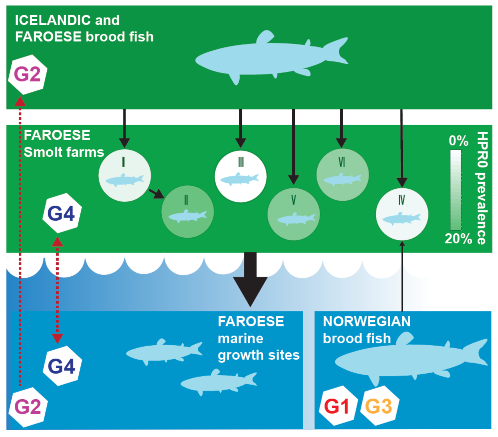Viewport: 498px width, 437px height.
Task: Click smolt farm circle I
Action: (124, 176)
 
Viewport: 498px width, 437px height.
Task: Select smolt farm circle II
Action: (188, 212)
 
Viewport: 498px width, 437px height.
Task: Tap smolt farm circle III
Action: (241, 176)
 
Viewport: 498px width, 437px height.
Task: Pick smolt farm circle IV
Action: (402, 214)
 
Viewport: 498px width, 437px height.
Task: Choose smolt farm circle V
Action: (294, 214)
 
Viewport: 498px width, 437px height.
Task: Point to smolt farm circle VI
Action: (342, 175)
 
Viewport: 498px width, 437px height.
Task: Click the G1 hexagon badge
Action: (337, 406)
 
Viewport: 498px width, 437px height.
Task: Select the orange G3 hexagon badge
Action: (379, 406)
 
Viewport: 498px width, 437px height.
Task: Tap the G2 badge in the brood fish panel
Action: (28, 74)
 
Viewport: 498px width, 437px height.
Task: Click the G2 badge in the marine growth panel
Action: (28, 407)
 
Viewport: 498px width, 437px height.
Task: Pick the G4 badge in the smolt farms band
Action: (61, 213)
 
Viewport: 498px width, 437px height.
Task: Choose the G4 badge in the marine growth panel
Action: (62, 366)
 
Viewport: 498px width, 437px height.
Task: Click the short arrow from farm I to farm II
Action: (156, 193)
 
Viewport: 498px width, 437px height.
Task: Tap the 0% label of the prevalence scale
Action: (458, 141)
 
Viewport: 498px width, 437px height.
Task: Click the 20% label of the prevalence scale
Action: (458, 239)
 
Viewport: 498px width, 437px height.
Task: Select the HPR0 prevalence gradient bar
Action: (455, 190)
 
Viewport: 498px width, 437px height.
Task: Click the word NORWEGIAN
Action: (367, 322)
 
